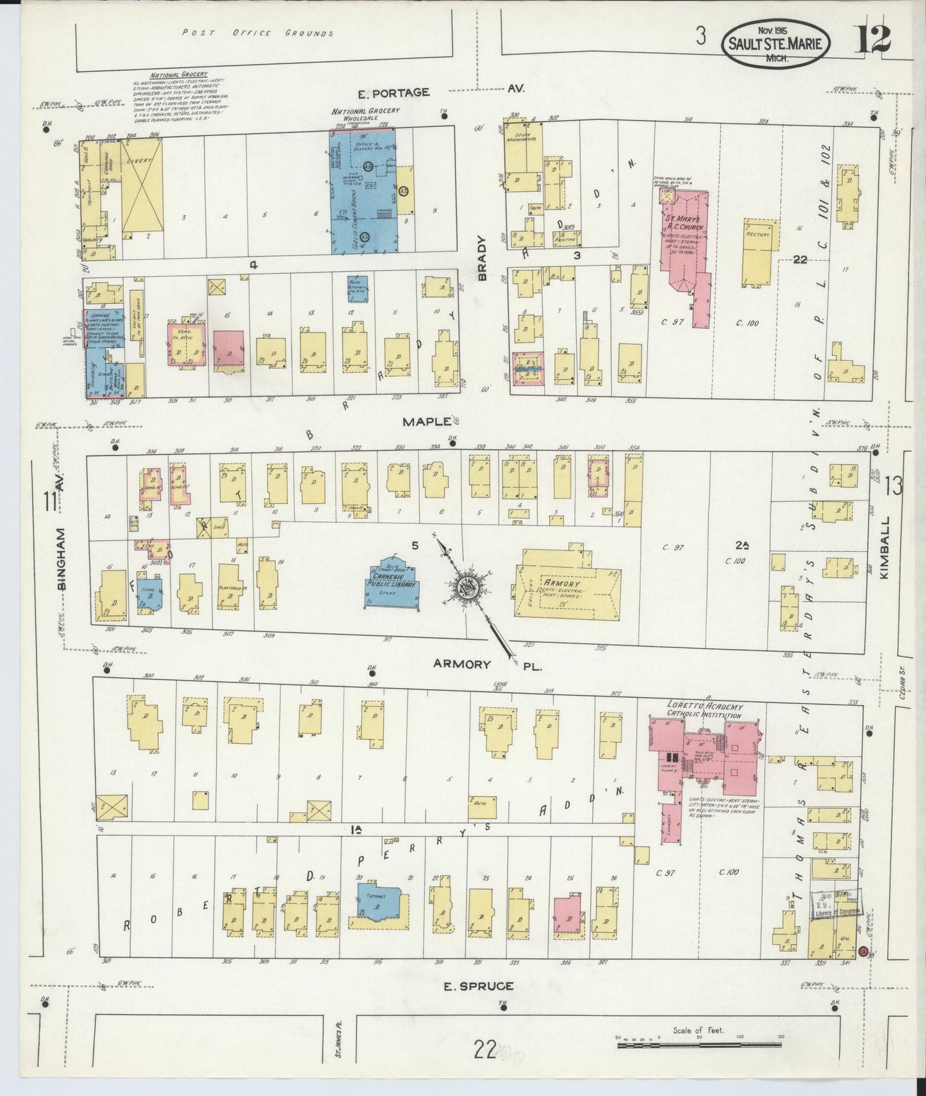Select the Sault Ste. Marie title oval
click(777, 44)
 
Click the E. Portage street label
click(393, 93)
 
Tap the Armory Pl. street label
click(487, 665)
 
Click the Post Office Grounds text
click(257, 33)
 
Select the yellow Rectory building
click(761, 253)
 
